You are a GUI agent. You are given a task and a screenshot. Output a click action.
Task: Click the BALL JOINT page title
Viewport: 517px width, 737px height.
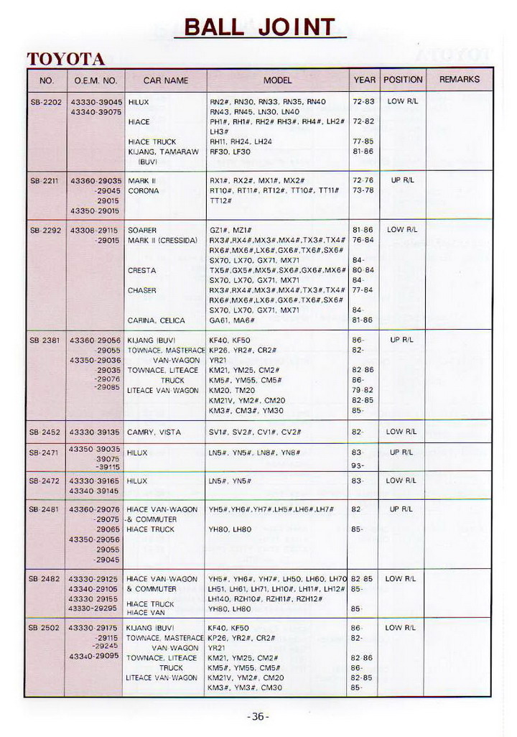pyautogui.click(x=259, y=27)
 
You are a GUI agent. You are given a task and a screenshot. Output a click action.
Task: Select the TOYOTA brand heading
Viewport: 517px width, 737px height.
pyautogui.click(x=66, y=59)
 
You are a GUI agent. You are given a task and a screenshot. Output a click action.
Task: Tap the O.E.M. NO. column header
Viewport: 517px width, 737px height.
pyautogui.click(x=95, y=80)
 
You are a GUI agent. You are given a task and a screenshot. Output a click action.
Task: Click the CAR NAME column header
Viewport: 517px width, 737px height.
pyautogui.click(x=165, y=80)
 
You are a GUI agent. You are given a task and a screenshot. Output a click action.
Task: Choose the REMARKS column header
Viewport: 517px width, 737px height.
pyautogui.click(x=459, y=79)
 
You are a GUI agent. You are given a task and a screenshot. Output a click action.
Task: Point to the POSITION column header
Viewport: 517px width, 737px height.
pyautogui.click(x=403, y=79)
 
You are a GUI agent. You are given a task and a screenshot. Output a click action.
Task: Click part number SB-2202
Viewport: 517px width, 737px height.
pyautogui.click(x=46, y=102)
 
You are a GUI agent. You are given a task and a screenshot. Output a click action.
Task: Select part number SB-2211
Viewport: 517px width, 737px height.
pyautogui.click(x=46, y=181)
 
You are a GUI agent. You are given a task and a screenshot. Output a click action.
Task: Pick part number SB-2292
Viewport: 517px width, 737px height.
pyautogui.click(x=46, y=231)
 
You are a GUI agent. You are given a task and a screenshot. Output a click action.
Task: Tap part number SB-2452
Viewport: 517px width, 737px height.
pyautogui.click(x=46, y=432)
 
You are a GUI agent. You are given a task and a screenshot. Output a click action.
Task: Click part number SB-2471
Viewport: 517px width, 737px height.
pyautogui.click(x=46, y=453)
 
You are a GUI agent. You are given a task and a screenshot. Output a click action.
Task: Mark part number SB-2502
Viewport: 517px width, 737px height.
pyautogui.click(x=46, y=628)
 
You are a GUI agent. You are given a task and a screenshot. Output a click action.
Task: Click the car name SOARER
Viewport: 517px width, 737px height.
pyautogui.click(x=142, y=231)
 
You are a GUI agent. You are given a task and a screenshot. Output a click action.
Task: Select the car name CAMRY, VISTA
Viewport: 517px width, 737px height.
pyautogui.click(x=154, y=432)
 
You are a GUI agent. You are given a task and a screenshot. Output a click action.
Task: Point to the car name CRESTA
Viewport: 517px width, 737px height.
pyautogui.click(x=141, y=271)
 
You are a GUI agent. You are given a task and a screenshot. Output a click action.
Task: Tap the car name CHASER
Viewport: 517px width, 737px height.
pyautogui.click(x=142, y=291)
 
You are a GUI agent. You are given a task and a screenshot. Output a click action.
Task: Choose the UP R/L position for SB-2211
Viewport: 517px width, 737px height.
pyautogui.click(x=401, y=180)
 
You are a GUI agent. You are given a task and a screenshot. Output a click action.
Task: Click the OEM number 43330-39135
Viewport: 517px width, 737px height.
pyautogui.click(x=95, y=432)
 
